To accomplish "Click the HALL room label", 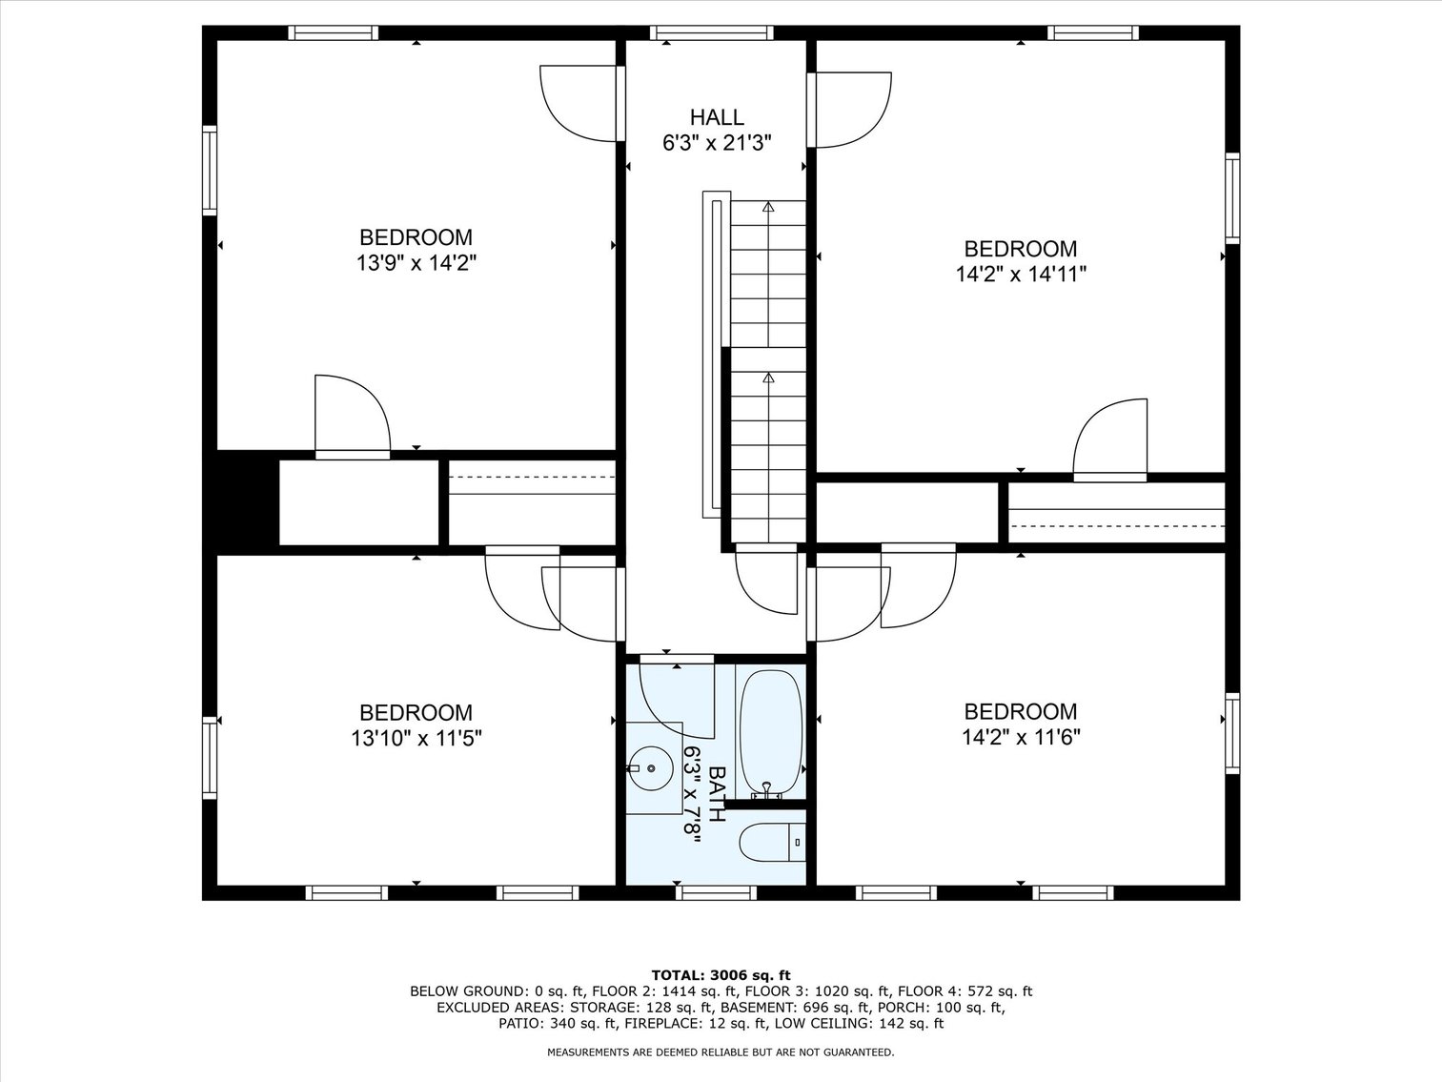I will coord(716,117).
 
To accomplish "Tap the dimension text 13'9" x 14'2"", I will coord(416,263).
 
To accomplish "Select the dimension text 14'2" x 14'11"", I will coord(1021,275).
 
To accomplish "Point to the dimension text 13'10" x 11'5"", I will coord(416,738).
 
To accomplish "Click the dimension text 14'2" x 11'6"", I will coord(1021,737).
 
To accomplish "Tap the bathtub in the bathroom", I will coord(771,732).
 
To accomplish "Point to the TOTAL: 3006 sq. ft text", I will coord(721,974).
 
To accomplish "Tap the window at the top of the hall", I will coord(711,33).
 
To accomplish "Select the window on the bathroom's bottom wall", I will coord(716,893).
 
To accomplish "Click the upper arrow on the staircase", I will coord(768,207).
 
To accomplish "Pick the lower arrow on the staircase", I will coord(768,378).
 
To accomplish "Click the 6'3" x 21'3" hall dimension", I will coord(716,144).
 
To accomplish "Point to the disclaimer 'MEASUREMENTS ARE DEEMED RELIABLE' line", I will coord(721,1052).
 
